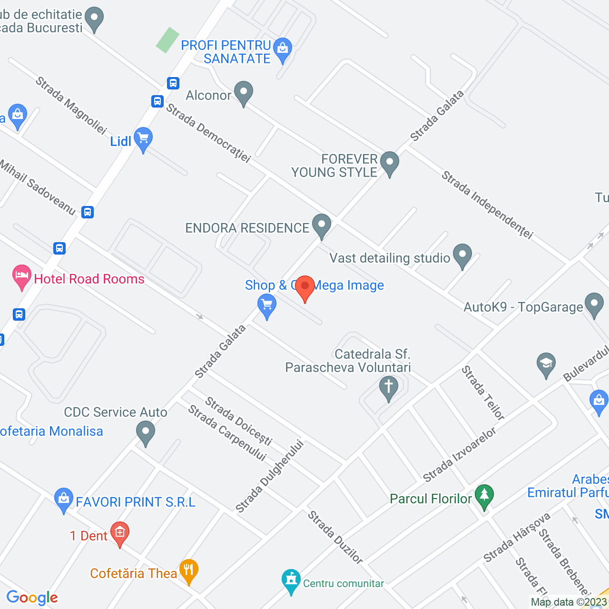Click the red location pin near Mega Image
tap(305, 287)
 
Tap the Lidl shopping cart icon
tap(143, 139)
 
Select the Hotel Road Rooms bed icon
tap(22, 276)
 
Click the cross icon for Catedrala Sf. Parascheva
tap(389, 388)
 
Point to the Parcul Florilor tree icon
tap(484, 496)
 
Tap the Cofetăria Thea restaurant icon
tap(189, 571)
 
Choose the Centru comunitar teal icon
tap(291, 581)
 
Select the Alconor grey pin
tap(244, 93)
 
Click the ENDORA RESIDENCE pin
tap(322, 226)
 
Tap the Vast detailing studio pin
tap(462, 255)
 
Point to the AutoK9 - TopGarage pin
tap(594, 304)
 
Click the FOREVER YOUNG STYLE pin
tap(390, 163)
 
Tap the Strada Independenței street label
tap(487, 205)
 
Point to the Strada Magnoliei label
tap(71, 105)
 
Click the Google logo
tap(32, 598)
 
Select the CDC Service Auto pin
tap(146, 433)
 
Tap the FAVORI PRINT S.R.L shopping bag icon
tap(63, 500)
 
